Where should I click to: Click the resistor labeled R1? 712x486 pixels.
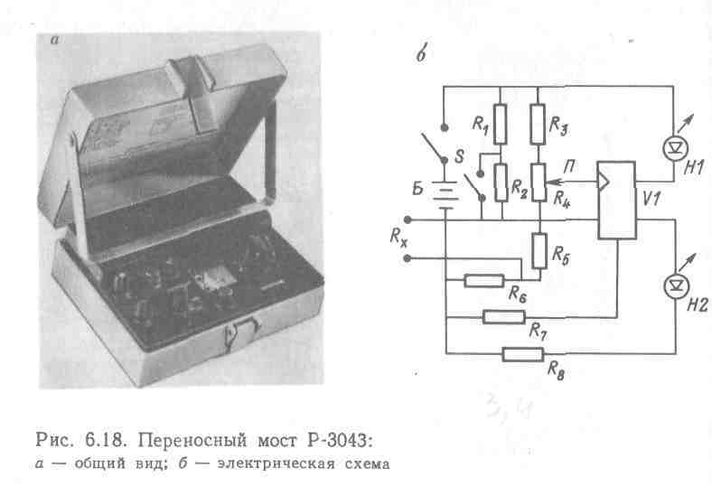500,124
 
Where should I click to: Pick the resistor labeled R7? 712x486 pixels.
503,316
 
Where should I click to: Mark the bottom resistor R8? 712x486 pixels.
523,353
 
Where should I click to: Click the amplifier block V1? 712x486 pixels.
616,201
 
